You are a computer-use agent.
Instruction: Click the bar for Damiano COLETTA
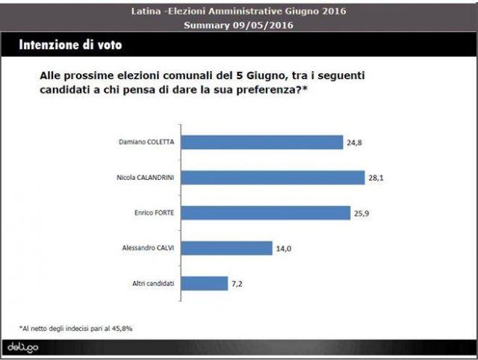262,143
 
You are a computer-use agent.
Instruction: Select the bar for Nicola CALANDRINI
273,178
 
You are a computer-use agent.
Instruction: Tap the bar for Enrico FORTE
266,213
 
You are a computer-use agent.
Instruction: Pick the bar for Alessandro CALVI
227,249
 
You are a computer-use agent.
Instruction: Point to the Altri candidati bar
205,284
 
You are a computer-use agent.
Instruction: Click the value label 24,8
354,143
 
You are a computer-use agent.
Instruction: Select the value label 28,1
376,178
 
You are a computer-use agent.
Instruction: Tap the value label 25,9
361,214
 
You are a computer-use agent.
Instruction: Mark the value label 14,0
284,249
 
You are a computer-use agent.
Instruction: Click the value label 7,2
237,284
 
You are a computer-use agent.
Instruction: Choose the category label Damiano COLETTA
146,142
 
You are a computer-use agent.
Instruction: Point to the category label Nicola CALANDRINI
146,178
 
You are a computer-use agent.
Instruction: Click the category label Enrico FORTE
155,213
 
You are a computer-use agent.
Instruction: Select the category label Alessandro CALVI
148,248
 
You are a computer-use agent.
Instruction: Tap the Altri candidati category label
153,284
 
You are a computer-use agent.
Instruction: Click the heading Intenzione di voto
70,45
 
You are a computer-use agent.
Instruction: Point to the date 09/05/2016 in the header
263,25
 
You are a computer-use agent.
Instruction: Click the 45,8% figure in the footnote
122,329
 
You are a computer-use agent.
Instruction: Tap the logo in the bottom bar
23,347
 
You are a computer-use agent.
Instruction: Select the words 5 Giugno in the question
261,75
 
